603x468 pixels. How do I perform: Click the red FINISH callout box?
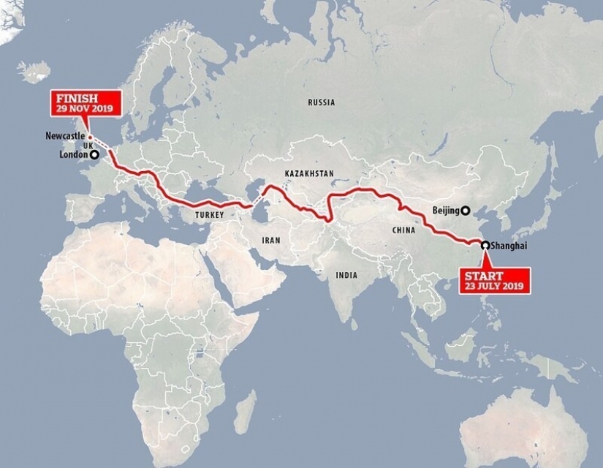(x=83, y=101)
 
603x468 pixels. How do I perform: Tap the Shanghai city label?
(x=509, y=246)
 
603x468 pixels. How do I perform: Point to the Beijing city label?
(x=445, y=211)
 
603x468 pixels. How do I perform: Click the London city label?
(x=74, y=155)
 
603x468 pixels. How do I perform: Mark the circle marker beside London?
(x=94, y=155)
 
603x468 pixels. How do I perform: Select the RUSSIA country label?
(x=321, y=102)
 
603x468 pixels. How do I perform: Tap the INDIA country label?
(x=346, y=275)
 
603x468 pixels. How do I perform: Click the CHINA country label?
(x=403, y=230)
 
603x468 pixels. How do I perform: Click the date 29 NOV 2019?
(x=83, y=107)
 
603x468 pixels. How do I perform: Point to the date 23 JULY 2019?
(x=494, y=287)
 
